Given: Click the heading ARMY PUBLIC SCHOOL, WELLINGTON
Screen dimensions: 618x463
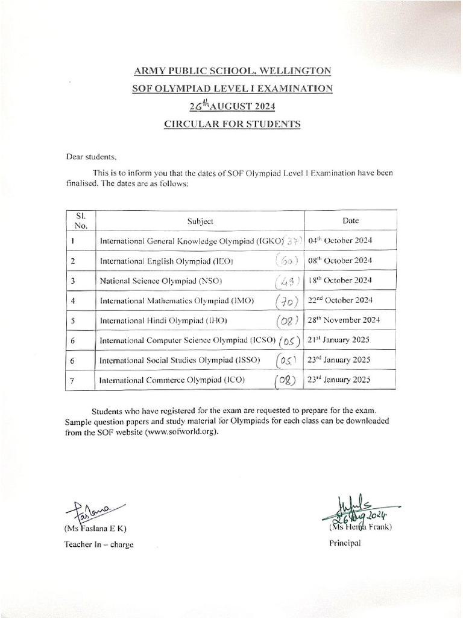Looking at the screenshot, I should [232, 71].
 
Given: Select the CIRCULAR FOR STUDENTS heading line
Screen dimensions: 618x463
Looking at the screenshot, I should [232, 124].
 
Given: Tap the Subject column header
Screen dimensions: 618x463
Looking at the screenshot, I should [200, 221].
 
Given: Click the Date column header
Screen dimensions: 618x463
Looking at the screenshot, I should [350, 220].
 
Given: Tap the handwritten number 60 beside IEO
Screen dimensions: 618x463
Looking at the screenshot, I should [288, 261].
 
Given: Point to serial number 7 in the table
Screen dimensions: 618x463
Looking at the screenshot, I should [72, 380].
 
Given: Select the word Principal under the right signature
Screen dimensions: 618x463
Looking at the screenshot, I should [345, 543].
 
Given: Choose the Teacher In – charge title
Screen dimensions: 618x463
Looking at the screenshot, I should [99, 544].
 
